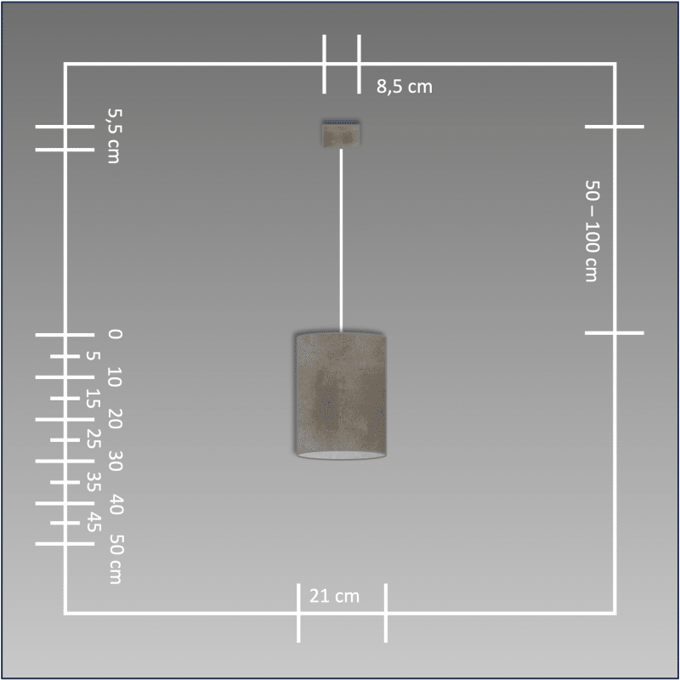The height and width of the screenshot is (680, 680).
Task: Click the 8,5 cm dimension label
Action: [x=405, y=87]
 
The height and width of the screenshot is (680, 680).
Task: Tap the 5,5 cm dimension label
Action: [x=114, y=136]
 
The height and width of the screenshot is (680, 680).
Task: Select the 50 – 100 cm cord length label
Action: [x=592, y=230]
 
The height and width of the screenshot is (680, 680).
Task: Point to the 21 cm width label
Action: [x=334, y=596]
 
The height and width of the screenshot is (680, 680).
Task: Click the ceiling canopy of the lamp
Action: [x=342, y=133]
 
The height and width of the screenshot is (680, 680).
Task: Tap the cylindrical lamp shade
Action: [x=341, y=395]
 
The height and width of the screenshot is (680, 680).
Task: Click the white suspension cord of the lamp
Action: [x=341, y=241]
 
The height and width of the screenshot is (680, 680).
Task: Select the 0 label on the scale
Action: [x=115, y=334]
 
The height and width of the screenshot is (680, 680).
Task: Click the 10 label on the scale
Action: [x=115, y=377]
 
